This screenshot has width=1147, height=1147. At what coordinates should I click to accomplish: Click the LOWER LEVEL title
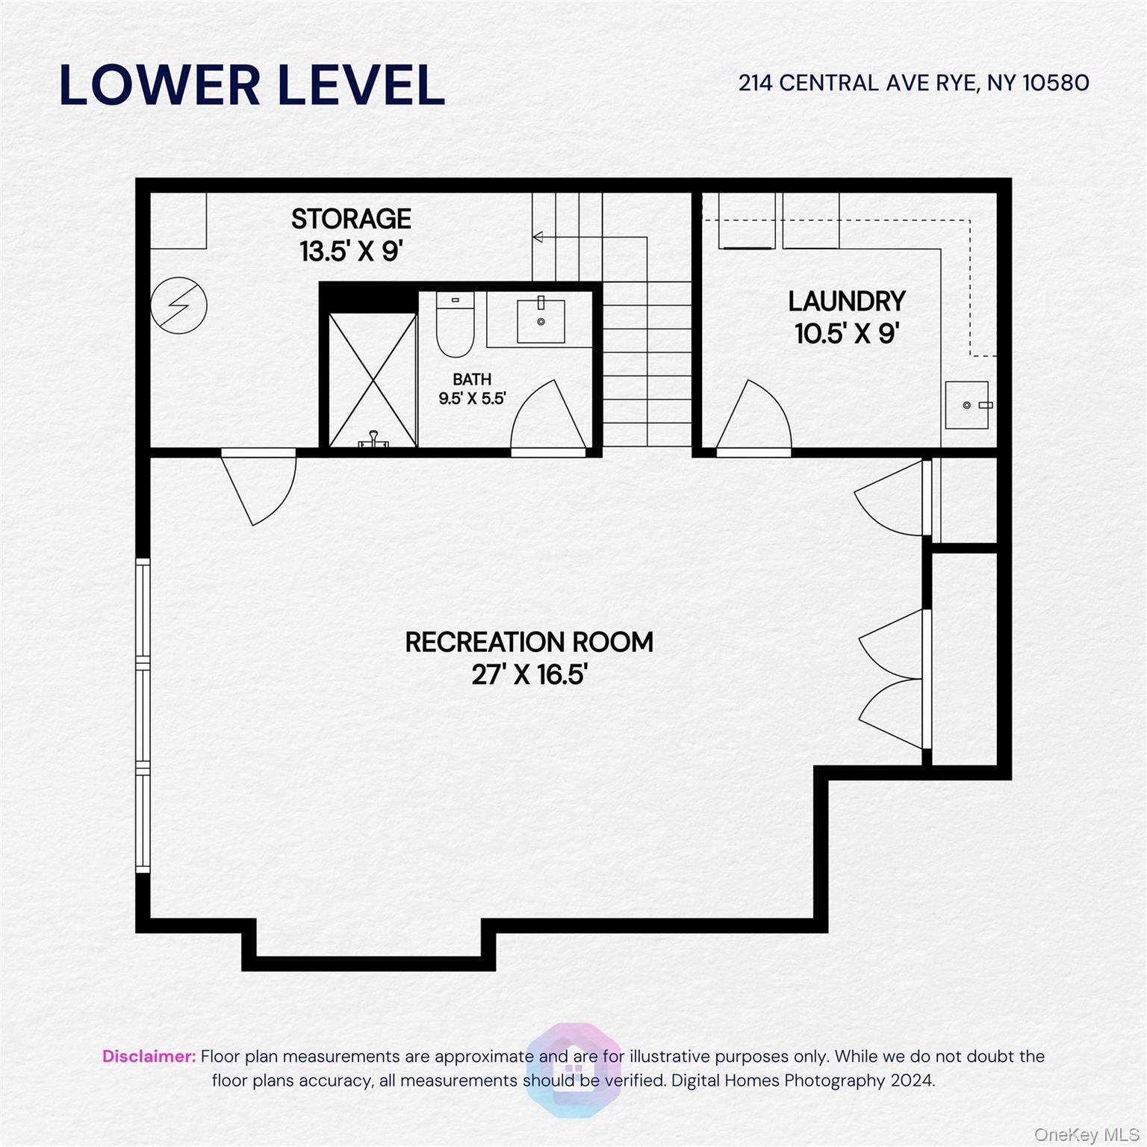coord(252,84)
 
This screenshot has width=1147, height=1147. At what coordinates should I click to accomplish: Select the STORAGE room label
coord(351,219)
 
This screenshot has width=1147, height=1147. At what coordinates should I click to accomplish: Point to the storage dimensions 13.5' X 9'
coord(351,252)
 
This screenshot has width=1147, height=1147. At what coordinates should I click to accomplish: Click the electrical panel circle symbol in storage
coord(179,305)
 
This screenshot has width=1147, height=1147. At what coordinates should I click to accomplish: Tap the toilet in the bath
coord(455,326)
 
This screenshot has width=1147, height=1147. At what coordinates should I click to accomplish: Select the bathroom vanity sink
coord(541,320)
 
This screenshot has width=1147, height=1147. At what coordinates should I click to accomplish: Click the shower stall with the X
coord(373,380)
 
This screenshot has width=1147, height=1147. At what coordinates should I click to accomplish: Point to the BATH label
coord(472,379)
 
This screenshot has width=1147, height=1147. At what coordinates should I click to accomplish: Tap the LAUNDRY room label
coord(846,302)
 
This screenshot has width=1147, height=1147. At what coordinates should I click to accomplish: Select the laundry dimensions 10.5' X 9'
coord(846,334)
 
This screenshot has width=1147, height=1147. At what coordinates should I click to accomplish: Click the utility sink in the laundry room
coord(967,405)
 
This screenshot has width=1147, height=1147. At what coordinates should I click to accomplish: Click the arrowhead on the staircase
coord(538,237)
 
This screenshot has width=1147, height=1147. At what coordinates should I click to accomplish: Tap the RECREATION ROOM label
coord(529,642)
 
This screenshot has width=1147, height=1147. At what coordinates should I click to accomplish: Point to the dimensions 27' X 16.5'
coord(529,675)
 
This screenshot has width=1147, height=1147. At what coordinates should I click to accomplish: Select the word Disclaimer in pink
coord(149,1056)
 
